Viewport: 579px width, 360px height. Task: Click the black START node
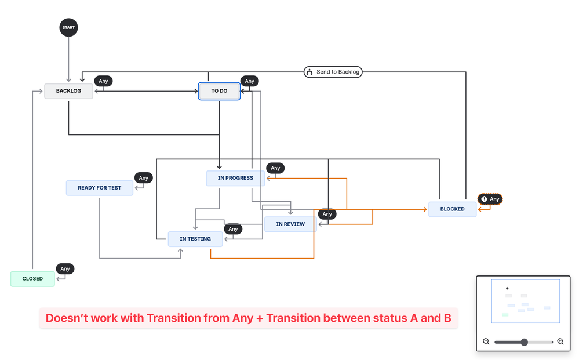coord(68,27)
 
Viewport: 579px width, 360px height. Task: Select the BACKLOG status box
coord(68,91)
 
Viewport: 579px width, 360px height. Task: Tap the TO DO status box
coord(219,91)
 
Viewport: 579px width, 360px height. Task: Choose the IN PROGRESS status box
coord(235,178)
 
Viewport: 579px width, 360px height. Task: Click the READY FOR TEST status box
coord(100,188)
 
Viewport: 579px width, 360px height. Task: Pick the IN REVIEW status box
coord(290,224)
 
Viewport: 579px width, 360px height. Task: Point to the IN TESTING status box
coord(195,239)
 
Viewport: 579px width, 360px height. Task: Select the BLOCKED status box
coord(452,209)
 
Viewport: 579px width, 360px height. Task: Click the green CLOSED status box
coord(32,279)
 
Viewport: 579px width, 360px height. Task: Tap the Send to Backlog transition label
coord(333,72)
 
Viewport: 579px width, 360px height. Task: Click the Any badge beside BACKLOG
coord(103,81)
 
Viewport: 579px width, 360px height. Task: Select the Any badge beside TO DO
coord(249,81)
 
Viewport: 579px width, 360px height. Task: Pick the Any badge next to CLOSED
coord(65,269)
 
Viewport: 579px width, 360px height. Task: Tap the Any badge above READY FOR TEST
coord(143,178)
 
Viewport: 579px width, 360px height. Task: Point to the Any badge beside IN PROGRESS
coord(275,168)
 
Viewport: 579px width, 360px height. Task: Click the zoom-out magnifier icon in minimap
coord(486,341)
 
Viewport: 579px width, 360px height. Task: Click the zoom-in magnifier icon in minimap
coord(560,341)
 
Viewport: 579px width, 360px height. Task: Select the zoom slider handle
coord(524,342)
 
